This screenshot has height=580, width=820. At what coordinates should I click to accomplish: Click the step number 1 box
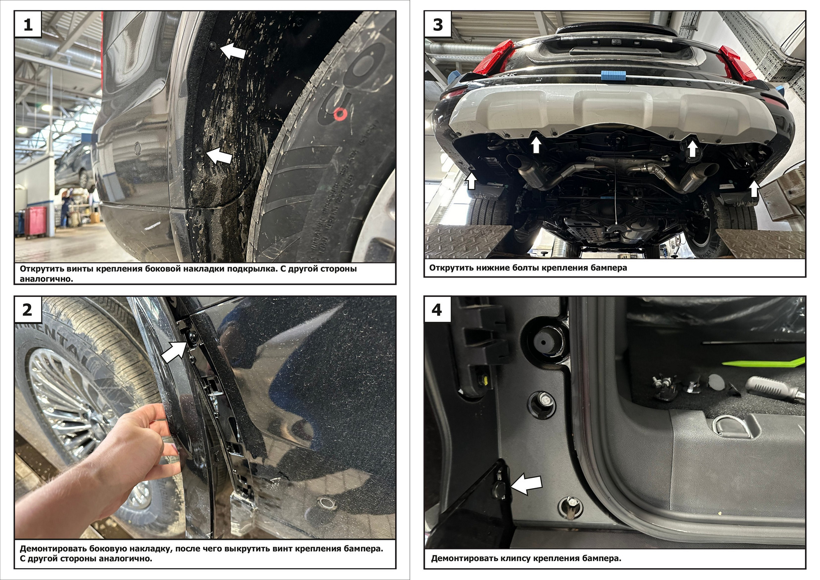[28, 25]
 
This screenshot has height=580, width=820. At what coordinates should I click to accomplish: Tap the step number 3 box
[438, 25]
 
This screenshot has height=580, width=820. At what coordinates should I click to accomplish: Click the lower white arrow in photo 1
[219, 156]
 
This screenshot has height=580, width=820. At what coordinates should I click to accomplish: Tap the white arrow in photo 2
[174, 352]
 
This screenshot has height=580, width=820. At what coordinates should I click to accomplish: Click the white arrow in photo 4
[526, 485]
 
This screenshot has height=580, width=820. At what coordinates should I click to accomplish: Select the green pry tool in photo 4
[763, 362]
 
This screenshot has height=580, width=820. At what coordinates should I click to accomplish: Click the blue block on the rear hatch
[613, 76]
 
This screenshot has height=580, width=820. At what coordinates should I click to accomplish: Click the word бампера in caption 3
[609, 268]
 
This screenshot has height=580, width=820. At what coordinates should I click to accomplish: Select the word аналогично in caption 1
[46, 279]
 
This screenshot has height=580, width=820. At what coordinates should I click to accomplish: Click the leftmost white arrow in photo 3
[471, 181]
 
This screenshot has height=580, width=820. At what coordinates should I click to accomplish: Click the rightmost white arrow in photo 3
[754, 189]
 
